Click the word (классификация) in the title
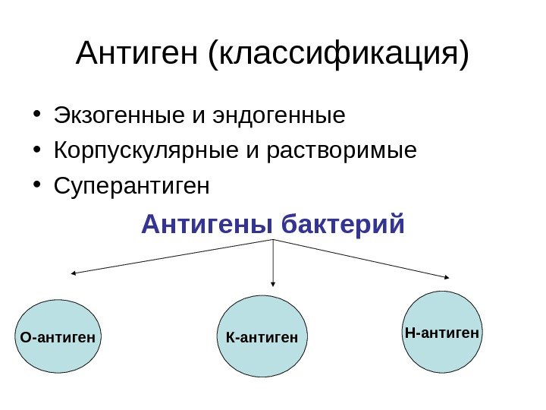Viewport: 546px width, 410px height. [338, 55]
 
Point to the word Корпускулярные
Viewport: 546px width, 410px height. [147, 150]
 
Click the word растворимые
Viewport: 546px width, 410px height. [342, 150]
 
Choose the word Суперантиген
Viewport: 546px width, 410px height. [130, 185]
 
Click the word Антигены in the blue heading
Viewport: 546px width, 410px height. [207, 225]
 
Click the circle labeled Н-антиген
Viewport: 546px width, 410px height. [442, 332]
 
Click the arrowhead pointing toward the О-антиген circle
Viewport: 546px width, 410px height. [74, 273]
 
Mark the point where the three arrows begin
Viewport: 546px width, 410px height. [273, 240]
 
